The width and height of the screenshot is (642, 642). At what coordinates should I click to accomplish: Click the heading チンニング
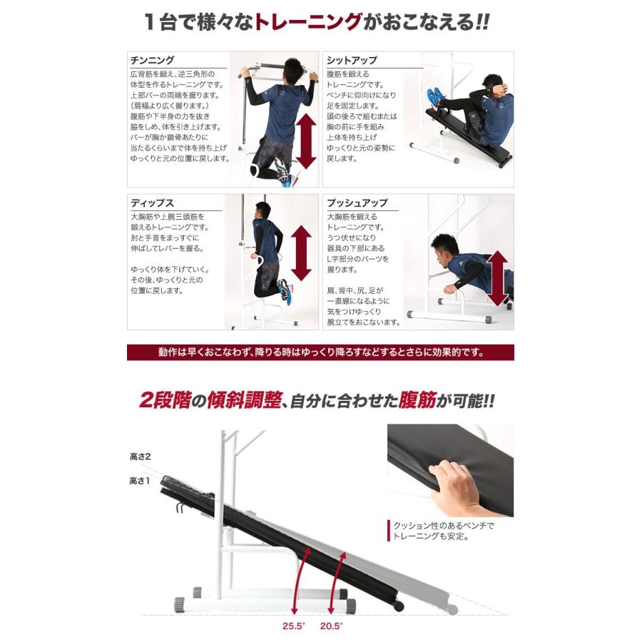[x=152, y=61]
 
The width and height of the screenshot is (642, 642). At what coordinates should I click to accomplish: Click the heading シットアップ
[x=352, y=61]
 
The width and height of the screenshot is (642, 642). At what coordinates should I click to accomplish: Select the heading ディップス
[x=152, y=203]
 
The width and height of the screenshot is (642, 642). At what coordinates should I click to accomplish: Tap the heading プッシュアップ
[x=357, y=203]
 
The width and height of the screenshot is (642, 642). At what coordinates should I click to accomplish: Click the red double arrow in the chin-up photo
[x=305, y=141]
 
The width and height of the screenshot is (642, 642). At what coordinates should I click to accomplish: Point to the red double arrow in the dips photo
[x=302, y=253]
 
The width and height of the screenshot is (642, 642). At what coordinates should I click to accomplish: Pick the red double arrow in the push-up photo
[x=497, y=273]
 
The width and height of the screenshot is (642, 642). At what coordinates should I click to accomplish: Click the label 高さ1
[x=139, y=481]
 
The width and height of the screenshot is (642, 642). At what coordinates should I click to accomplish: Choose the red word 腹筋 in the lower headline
[x=409, y=400]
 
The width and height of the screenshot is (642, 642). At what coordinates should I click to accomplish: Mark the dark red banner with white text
[x=320, y=352]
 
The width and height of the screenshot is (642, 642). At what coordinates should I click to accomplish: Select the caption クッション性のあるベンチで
[x=443, y=526]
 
